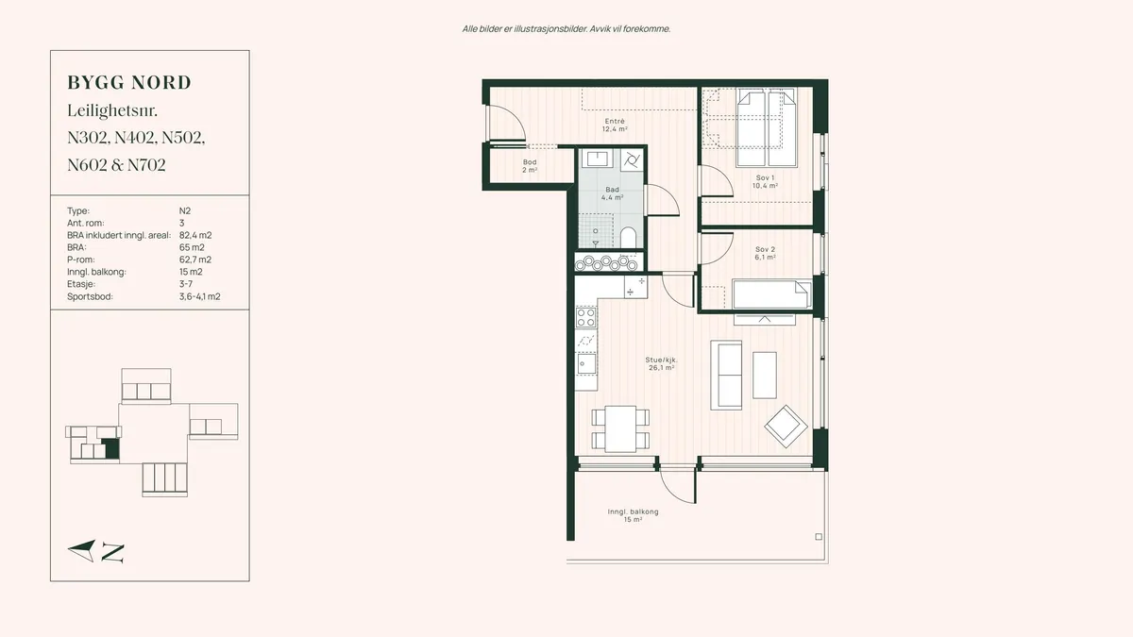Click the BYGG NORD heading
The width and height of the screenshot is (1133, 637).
tap(129, 83)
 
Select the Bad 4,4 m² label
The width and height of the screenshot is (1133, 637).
tap(612, 193)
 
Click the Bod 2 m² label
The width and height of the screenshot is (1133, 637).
tap(530, 166)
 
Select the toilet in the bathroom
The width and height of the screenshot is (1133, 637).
tap(628, 238)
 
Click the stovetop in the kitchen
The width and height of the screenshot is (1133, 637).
tap(585, 317)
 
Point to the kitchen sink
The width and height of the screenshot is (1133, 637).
tap(585, 363)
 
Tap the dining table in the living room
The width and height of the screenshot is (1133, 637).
tap(620, 429)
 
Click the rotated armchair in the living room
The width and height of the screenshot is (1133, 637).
tap(786, 427)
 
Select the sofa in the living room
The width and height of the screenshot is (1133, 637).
tap(726, 375)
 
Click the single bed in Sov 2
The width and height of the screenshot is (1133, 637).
tap(772, 294)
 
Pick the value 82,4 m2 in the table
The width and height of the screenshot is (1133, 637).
tap(195, 236)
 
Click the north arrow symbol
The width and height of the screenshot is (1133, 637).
tap(82, 550)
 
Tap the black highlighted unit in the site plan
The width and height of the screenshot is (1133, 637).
tap(110, 448)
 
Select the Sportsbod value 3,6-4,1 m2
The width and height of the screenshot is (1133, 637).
tap(200, 296)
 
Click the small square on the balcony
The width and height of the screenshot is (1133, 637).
tap(819, 536)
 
